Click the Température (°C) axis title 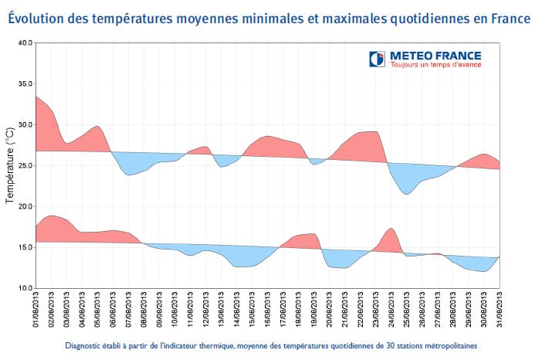coord(10,165)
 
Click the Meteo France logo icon coord(377,59)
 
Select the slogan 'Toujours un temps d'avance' coord(435,65)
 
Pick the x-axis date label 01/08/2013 coord(36,310)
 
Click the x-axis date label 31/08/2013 coord(500,310)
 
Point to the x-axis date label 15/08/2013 coord(252,310)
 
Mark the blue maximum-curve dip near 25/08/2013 coord(407,193)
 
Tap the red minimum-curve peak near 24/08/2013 coord(391,229)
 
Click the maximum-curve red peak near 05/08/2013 coord(97,127)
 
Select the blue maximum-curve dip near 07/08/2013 coord(129,175)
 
